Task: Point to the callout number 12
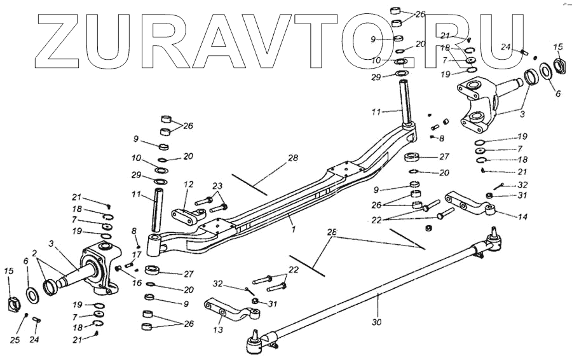(188, 184)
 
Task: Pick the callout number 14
(523, 216)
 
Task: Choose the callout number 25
(15, 340)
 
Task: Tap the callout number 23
(219, 186)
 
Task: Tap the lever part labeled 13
(229, 313)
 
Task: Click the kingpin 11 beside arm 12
(158, 213)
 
